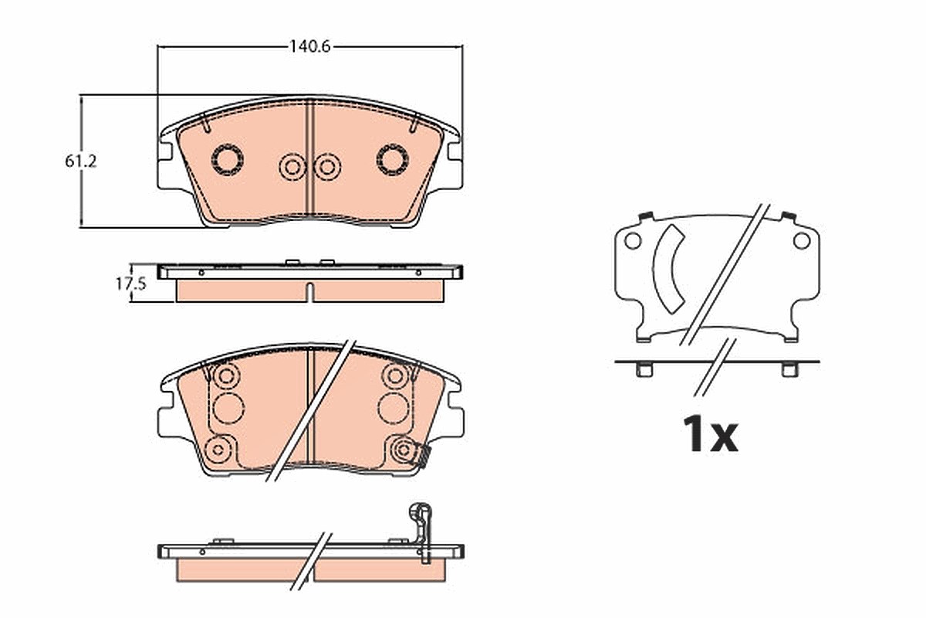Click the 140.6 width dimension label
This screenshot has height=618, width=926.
click(309, 46)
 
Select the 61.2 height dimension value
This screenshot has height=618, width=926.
click(80, 161)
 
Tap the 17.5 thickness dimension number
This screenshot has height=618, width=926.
click(130, 284)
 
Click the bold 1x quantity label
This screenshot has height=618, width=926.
click(710, 434)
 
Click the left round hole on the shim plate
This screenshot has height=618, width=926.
click(633, 240)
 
